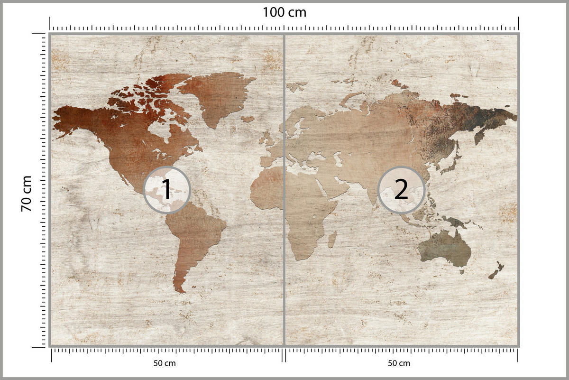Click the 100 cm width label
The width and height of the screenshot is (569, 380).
coord(284,12)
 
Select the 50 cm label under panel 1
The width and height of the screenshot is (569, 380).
coord(165,363)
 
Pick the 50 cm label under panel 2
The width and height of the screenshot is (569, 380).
coord(399,363)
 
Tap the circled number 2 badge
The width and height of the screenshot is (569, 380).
coord(401,190)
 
